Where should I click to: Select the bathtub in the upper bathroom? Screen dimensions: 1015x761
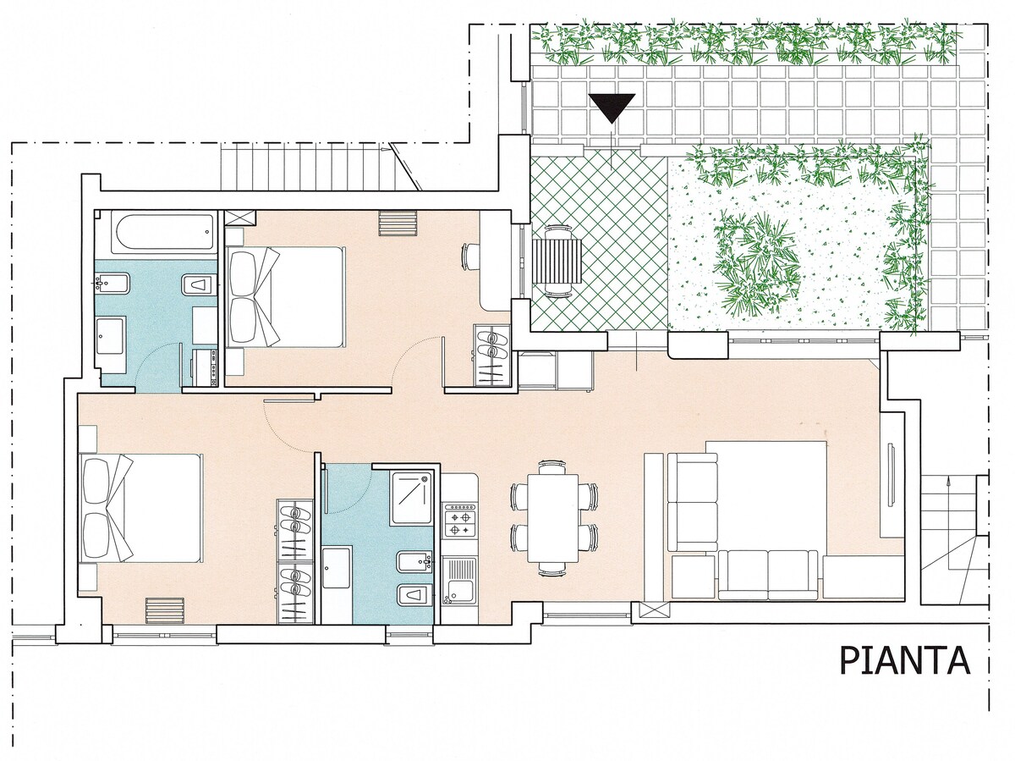pyautogui.click(x=164, y=233)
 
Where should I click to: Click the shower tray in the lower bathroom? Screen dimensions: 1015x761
pyautogui.click(x=413, y=498)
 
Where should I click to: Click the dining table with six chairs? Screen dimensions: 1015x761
pyautogui.click(x=554, y=517)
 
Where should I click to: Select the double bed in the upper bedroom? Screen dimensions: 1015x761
pyautogui.click(x=285, y=296)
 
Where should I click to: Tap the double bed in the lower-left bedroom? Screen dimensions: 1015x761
pyautogui.click(x=141, y=508)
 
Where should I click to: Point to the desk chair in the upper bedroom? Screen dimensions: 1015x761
pyautogui.click(x=469, y=256)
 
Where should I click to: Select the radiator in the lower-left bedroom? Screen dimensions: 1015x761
pyautogui.click(x=165, y=611)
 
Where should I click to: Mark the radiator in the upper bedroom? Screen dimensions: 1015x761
pyautogui.click(x=398, y=223)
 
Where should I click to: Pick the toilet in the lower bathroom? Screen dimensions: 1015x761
pyautogui.click(x=414, y=595)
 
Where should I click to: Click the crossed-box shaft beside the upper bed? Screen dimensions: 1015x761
pyautogui.click(x=240, y=218)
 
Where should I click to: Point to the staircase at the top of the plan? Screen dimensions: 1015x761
pyautogui.click(x=321, y=167)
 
